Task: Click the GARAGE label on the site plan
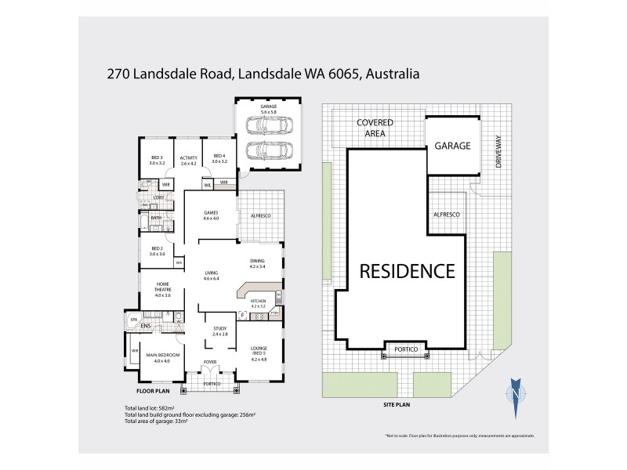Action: pos(453,146)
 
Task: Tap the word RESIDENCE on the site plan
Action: pos(407,271)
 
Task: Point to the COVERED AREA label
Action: pos(375,128)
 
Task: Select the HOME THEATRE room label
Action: pos(162,289)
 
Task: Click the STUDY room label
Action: pos(219,331)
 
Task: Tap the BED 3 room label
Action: pos(157,159)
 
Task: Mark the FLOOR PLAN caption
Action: pos(153,390)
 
